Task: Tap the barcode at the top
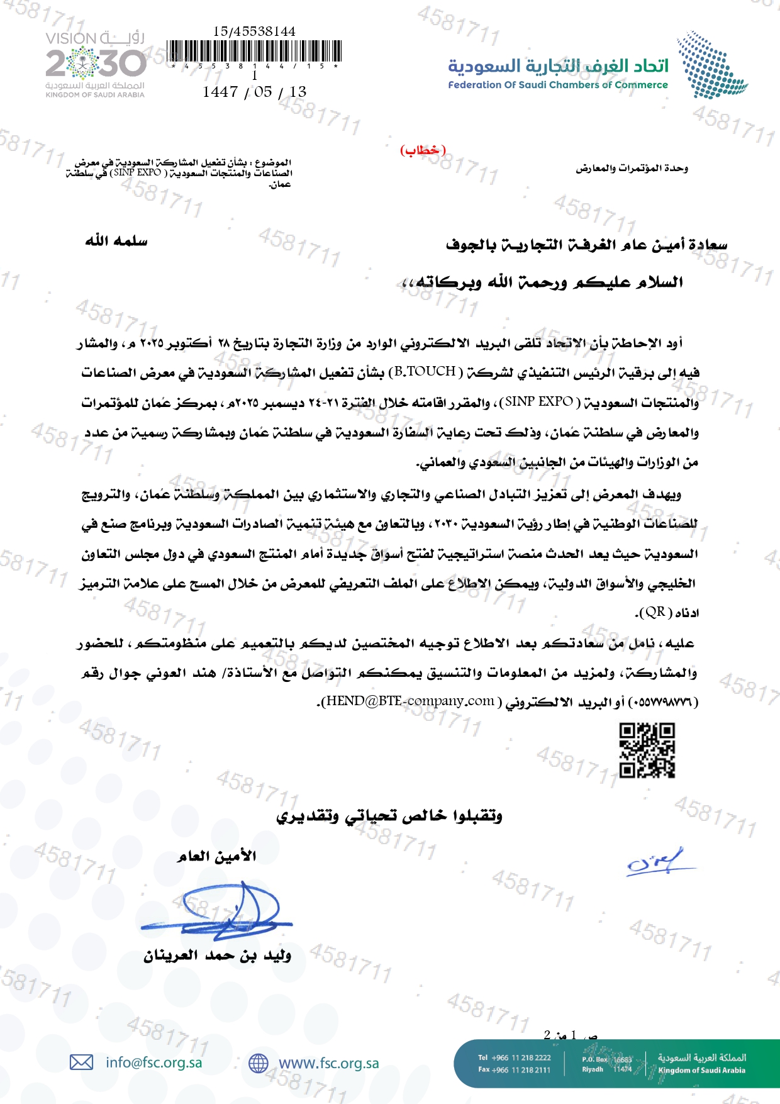[255, 51]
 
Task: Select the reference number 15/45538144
[254, 31]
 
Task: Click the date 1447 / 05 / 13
[254, 92]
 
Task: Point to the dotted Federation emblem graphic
[711, 65]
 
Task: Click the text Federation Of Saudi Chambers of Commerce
[558, 85]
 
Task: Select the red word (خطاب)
[423, 150]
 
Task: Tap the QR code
[647, 750]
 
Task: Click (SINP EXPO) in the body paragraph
[539, 402]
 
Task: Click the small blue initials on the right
[657, 862]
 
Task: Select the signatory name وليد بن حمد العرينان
[217, 956]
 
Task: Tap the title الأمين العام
[217, 856]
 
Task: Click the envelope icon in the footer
[81, 1062]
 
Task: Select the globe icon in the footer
[259, 1063]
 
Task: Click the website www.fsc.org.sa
[328, 1063]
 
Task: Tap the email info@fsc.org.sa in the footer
[154, 1062]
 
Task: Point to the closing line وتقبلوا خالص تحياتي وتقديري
[389, 817]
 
